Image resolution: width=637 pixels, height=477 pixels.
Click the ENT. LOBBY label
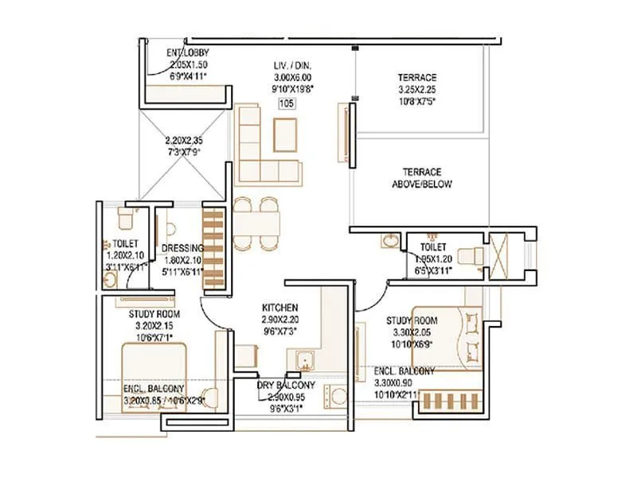[188, 53]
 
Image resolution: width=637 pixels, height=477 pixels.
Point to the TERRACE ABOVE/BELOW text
[421, 178]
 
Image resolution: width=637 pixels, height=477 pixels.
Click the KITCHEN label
[280, 307]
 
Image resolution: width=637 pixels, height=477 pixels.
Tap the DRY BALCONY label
[286, 386]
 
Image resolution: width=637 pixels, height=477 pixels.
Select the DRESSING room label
[182, 248]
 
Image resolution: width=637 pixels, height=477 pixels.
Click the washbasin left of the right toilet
[390, 242]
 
